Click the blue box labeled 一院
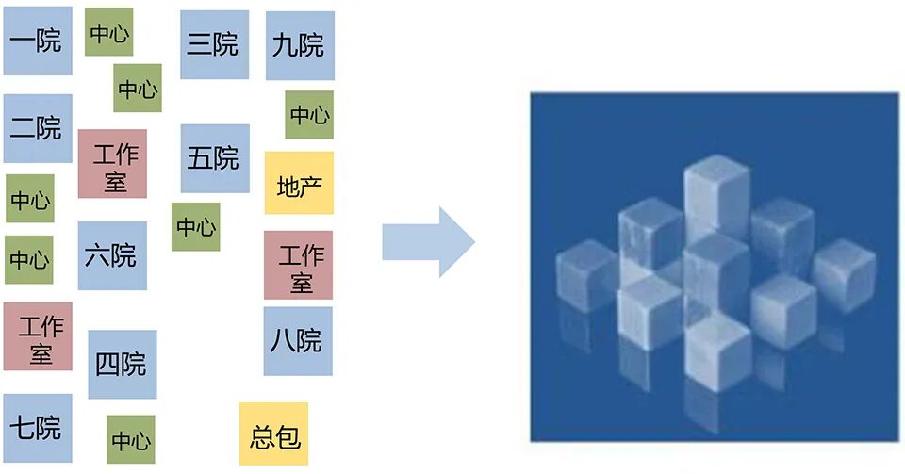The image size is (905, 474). tap(38, 41)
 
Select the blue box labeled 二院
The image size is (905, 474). tap(38, 128)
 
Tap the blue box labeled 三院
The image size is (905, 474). tap(214, 44)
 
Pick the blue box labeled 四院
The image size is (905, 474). tap(122, 364)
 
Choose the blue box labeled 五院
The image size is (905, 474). tap(215, 158)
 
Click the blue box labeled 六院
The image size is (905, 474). tap(111, 255)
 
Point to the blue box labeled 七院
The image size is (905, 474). tap(38, 428)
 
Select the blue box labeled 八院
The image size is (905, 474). tap(297, 341)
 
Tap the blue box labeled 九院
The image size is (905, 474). tap(299, 45)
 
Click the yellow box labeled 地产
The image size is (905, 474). tap(299, 183)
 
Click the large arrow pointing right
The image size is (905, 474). tap(428, 242)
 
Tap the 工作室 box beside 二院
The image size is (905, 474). tap(113, 164)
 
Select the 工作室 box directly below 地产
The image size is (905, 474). tap(298, 265)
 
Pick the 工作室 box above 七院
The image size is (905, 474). tap(38, 336)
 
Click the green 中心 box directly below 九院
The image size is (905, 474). tap(309, 115)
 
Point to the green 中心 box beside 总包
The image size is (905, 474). tap(130, 439)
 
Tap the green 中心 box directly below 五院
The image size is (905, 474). tap(196, 227)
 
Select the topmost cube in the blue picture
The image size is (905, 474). tap(716, 193)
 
